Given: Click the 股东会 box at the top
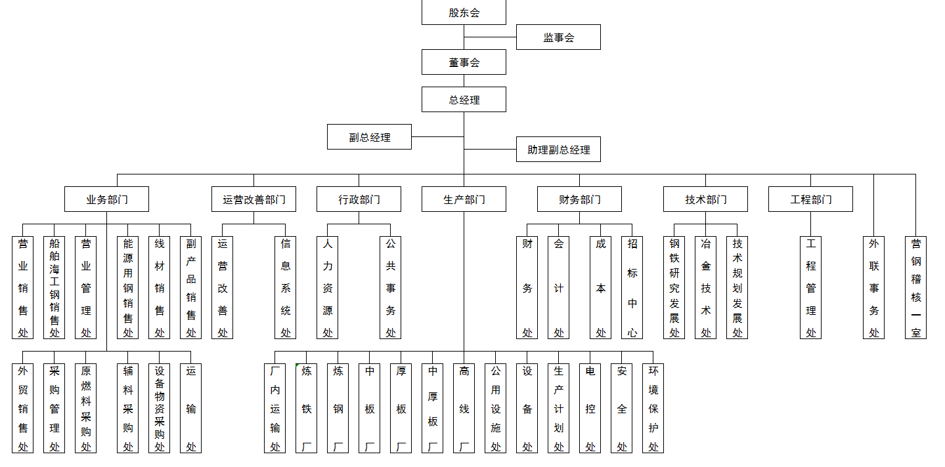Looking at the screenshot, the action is click(464, 12).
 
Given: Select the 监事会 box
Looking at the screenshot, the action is click(558, 37).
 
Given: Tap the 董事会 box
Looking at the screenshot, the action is click(464, 62).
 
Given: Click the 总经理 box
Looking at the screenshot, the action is click(464, 100).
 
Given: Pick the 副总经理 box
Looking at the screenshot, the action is click(369, 136).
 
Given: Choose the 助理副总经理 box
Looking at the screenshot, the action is click(558, 149).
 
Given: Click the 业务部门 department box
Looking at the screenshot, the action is click(107, 199).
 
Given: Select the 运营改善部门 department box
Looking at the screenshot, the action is click(253, 199).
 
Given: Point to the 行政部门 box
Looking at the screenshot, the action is click(359, 199).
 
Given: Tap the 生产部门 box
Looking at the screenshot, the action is click(464, 199).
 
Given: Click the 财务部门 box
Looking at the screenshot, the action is click(579, 199).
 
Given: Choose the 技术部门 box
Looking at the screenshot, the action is click(705, 199).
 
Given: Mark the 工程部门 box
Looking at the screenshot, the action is click(810, 199).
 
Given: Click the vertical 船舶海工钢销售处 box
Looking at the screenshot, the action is click(54, 287).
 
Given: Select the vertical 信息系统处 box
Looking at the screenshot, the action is click(285, 287).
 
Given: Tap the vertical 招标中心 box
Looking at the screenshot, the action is click(632, 287).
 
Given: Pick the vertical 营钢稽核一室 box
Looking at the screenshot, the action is click(915, 287).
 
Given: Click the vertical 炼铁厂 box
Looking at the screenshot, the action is click(306, 409).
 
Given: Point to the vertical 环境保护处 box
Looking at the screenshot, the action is click(653, 409).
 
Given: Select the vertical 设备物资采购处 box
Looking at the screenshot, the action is click(159, 409).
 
